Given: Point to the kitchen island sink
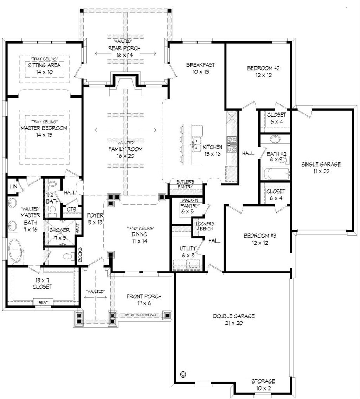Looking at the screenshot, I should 197,144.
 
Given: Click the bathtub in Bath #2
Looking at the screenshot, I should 276,174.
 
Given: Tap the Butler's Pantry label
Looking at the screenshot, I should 185,184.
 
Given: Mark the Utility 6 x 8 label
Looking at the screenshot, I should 187,251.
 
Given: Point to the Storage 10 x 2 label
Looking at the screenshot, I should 263,384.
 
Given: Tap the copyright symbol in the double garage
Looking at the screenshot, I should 182,374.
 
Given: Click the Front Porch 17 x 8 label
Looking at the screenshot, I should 144,300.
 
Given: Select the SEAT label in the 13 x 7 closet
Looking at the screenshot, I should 44,302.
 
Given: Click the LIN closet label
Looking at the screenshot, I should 13,186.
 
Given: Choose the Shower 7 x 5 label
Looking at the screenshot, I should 60,233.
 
